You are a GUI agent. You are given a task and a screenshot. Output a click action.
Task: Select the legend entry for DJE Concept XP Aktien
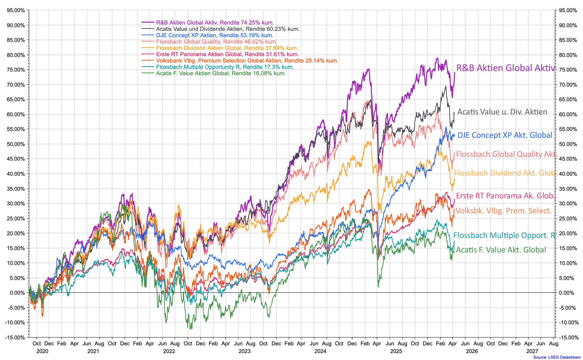214,35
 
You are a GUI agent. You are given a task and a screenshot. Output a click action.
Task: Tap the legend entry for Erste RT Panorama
227,54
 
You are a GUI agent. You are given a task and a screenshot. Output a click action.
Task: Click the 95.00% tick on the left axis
16,10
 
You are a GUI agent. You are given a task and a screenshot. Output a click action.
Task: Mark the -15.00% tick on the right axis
568,337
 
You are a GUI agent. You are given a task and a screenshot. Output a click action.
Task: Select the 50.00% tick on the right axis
568,144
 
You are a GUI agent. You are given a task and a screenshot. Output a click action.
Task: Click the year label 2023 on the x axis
244,351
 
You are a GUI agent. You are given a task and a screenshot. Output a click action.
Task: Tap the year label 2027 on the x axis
532,351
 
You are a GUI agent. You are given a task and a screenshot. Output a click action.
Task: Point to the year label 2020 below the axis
42,351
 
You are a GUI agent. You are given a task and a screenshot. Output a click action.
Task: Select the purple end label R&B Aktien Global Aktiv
506,68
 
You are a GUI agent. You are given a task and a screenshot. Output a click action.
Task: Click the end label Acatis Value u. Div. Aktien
502,112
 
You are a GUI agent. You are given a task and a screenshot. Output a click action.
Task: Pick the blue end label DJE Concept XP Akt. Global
505,135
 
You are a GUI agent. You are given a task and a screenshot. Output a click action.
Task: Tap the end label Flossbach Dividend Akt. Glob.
506,173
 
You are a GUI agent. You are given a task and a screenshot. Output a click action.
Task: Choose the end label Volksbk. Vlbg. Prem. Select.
503,211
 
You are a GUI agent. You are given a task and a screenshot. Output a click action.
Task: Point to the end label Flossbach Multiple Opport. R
504,235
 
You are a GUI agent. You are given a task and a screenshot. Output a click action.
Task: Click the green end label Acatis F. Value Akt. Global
501,250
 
